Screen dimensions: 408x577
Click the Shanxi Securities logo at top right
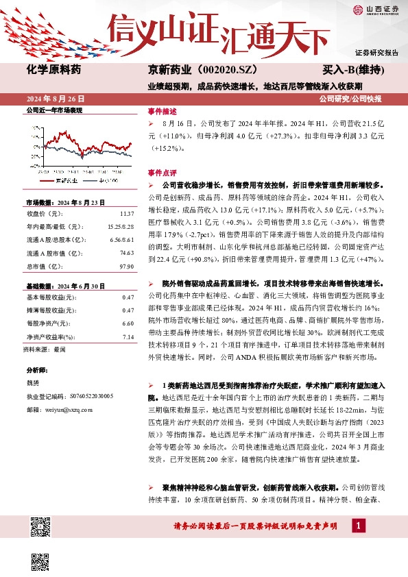click(374, 9)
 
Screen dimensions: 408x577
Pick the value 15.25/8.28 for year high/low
click(119, 226)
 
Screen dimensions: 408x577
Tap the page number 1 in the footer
click(357, 525)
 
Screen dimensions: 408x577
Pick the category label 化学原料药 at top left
click(53, 71)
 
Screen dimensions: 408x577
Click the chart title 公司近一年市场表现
click(53, 110)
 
